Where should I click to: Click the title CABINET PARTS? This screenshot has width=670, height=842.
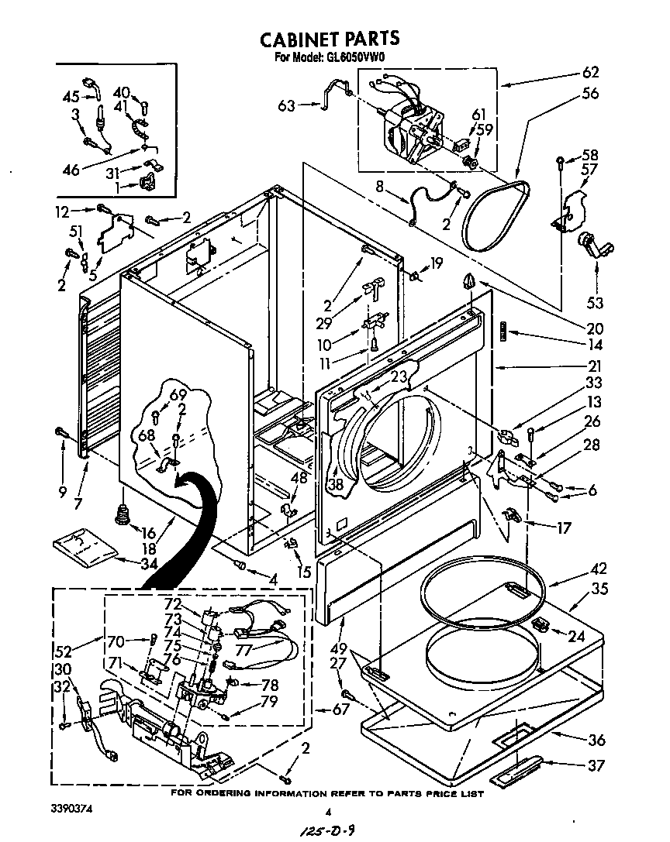(x=329, y=39)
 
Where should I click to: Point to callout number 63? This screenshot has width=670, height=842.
(x=287, y=105)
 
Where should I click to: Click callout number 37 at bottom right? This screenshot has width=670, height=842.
(x=596, y=767)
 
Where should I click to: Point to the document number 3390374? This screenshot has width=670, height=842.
(x=77, y=809)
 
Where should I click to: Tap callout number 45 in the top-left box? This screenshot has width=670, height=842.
(x=71, y=97)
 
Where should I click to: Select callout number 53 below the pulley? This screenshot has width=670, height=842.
(x=596, y=302)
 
